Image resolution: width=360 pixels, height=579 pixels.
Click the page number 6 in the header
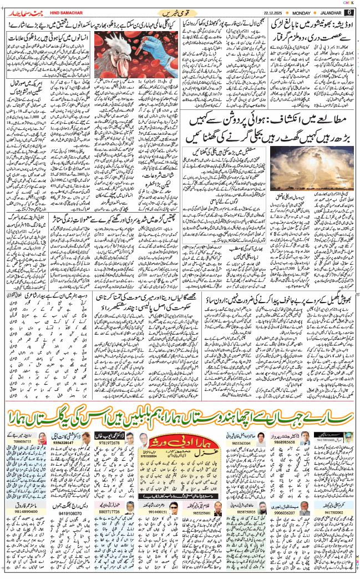click(x=349, y=12)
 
